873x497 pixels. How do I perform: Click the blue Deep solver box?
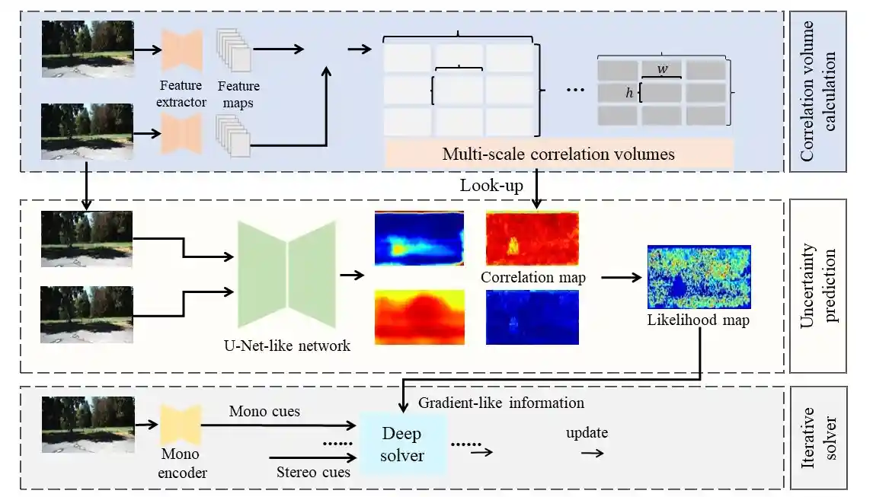point(402,444)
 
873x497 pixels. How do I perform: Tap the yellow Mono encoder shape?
point(181,425)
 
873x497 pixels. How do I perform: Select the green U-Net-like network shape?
point(286,274)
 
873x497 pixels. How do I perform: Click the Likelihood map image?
point(699,276)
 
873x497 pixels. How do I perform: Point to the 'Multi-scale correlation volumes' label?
point(558,155)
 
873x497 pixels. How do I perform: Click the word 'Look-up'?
point(491,186)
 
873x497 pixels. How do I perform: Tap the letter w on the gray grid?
point(662,69)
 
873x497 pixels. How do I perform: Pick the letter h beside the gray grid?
point(629,92)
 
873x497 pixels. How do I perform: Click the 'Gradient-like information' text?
point(501,403)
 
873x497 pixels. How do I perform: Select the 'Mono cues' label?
point(264,411)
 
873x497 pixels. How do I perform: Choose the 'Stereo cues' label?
point(313,472)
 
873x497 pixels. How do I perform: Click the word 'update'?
point(587,433)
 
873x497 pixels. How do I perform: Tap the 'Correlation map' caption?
point(532,277)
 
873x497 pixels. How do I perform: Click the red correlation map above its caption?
point(532,238)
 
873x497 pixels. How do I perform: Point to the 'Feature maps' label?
point(238,94)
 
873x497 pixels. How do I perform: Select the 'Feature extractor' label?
point(181,94)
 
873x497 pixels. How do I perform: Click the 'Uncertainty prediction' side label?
point(817,285)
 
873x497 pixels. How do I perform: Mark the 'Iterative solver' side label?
point(817,438)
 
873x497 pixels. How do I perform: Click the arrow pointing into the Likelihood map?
point(622,277)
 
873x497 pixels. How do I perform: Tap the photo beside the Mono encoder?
point(88,424)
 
